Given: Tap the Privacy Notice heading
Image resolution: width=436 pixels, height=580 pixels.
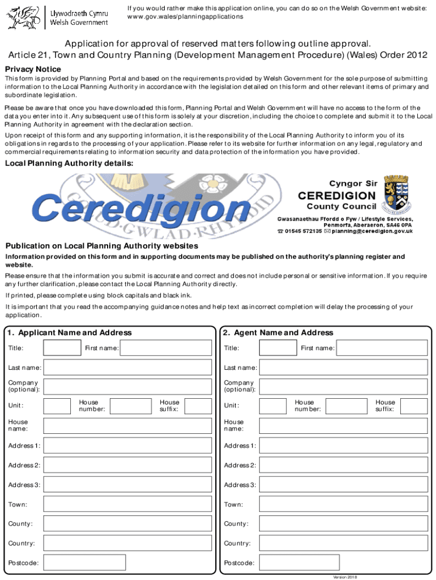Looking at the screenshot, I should click(x=33, y=69).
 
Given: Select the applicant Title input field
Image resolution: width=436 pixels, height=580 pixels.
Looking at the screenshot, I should click(x=62, y=348).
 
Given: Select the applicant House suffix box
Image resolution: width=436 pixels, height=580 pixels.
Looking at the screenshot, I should click(x=198, y=406).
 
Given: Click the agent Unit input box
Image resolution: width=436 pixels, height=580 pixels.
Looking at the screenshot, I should click(x=273, y=406).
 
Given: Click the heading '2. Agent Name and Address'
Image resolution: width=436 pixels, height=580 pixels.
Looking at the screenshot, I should click(x=277, y=332).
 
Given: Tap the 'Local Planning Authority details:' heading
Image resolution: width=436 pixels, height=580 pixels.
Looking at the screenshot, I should click(x=69, y=163).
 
